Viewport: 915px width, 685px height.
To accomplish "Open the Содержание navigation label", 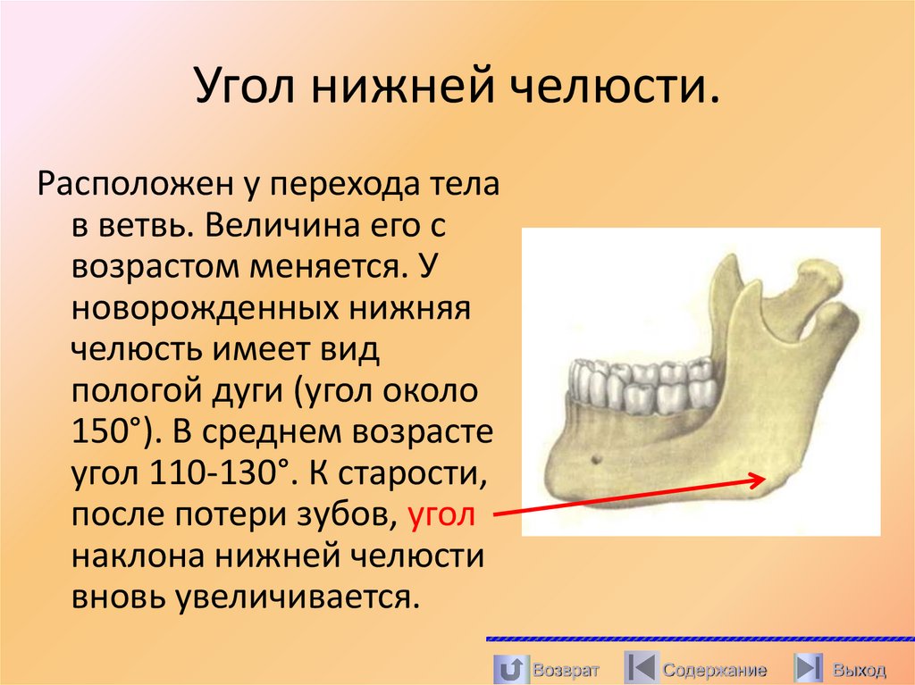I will [x=714, y=669].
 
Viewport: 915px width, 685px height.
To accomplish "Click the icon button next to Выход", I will [x=808, y=668].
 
